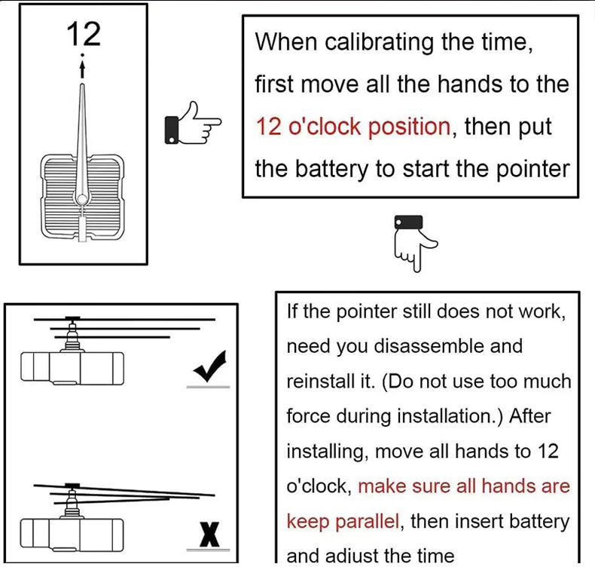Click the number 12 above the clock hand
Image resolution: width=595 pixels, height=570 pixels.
[x=83, y=34]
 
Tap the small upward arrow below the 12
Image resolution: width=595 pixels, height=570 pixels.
[x=83, y=69]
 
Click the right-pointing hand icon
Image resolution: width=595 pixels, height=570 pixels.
[x=192, y=124]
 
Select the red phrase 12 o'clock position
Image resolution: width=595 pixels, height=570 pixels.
[x=353, y=126]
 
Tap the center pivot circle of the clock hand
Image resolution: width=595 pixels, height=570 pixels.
[x=81, y=198]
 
